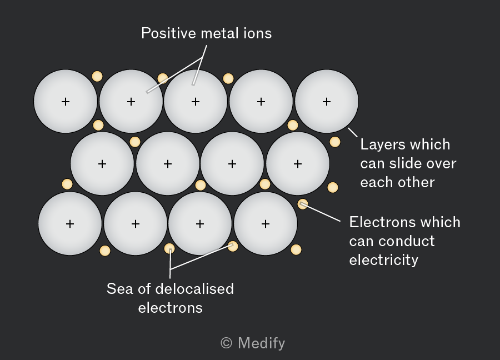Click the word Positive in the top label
(169, 33)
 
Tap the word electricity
(383, 260)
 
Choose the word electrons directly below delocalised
(171, 308)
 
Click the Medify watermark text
(262, 343)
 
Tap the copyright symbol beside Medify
(227, 343)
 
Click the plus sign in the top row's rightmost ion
(327, 102)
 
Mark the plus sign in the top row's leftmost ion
(66, 102)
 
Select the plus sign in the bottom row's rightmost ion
(266, 224)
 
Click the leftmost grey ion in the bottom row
(70, 223)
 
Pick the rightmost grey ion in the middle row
(298, 163)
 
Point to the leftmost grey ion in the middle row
(102, 163)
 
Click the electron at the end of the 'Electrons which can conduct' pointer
(303, 204)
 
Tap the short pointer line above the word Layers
(353, 132)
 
